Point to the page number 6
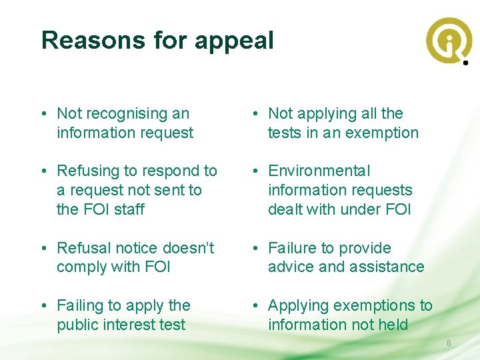pyautogui.click(x=449, y=343)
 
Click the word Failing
pyautogui.click(x=80, y=306)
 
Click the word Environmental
pyautogui.click(x=319, y=171)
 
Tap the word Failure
pyautogui.click(x=292, y=248)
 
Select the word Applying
pyautogui.click(x=298, y=306)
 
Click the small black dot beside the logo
pyautogui.click(x=465, y=63)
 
